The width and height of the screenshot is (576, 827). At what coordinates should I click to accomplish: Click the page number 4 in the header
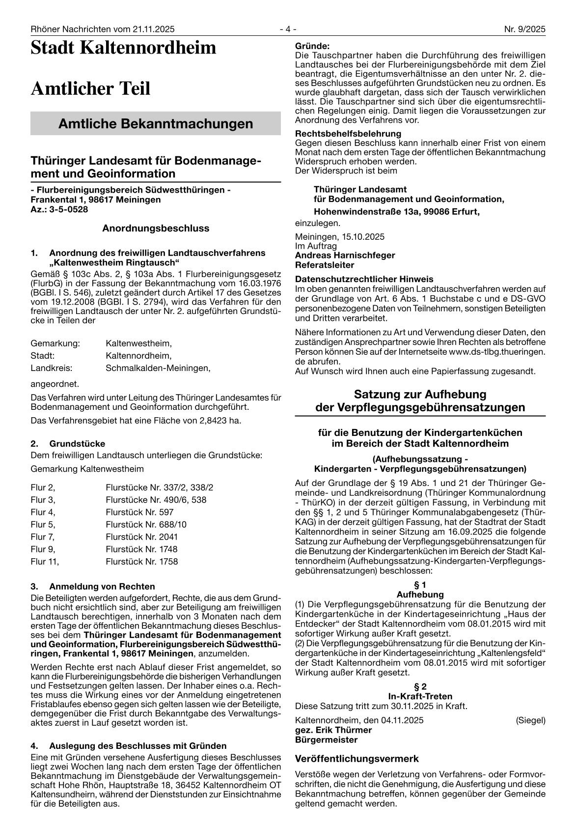point(288,29)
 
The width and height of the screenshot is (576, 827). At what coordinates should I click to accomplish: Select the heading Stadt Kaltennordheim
point(123,48)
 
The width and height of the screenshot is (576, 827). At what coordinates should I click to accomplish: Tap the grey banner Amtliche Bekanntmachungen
point(156,123)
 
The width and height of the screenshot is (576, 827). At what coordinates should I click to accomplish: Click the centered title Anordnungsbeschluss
point(156,228)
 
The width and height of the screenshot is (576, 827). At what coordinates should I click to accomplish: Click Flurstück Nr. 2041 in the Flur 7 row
point(141,537)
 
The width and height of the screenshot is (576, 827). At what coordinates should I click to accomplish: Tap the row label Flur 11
point(45,561)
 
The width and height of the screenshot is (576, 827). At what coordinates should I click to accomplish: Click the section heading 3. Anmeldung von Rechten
point(93,586)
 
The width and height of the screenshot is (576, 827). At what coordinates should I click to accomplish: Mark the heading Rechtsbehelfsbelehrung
point(348,134)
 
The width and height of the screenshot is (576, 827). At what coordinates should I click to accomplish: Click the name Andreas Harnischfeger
point(345,256)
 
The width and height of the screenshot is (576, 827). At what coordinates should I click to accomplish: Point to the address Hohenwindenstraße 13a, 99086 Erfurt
point(397,212)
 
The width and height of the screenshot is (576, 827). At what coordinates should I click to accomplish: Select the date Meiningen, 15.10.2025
point(340,237)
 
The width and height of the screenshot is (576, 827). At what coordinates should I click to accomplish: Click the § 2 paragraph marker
point(420,686)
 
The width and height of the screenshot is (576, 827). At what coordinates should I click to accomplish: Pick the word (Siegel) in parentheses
point(530,720)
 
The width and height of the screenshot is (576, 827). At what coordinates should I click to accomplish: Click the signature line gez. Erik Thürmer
point(333,730)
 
